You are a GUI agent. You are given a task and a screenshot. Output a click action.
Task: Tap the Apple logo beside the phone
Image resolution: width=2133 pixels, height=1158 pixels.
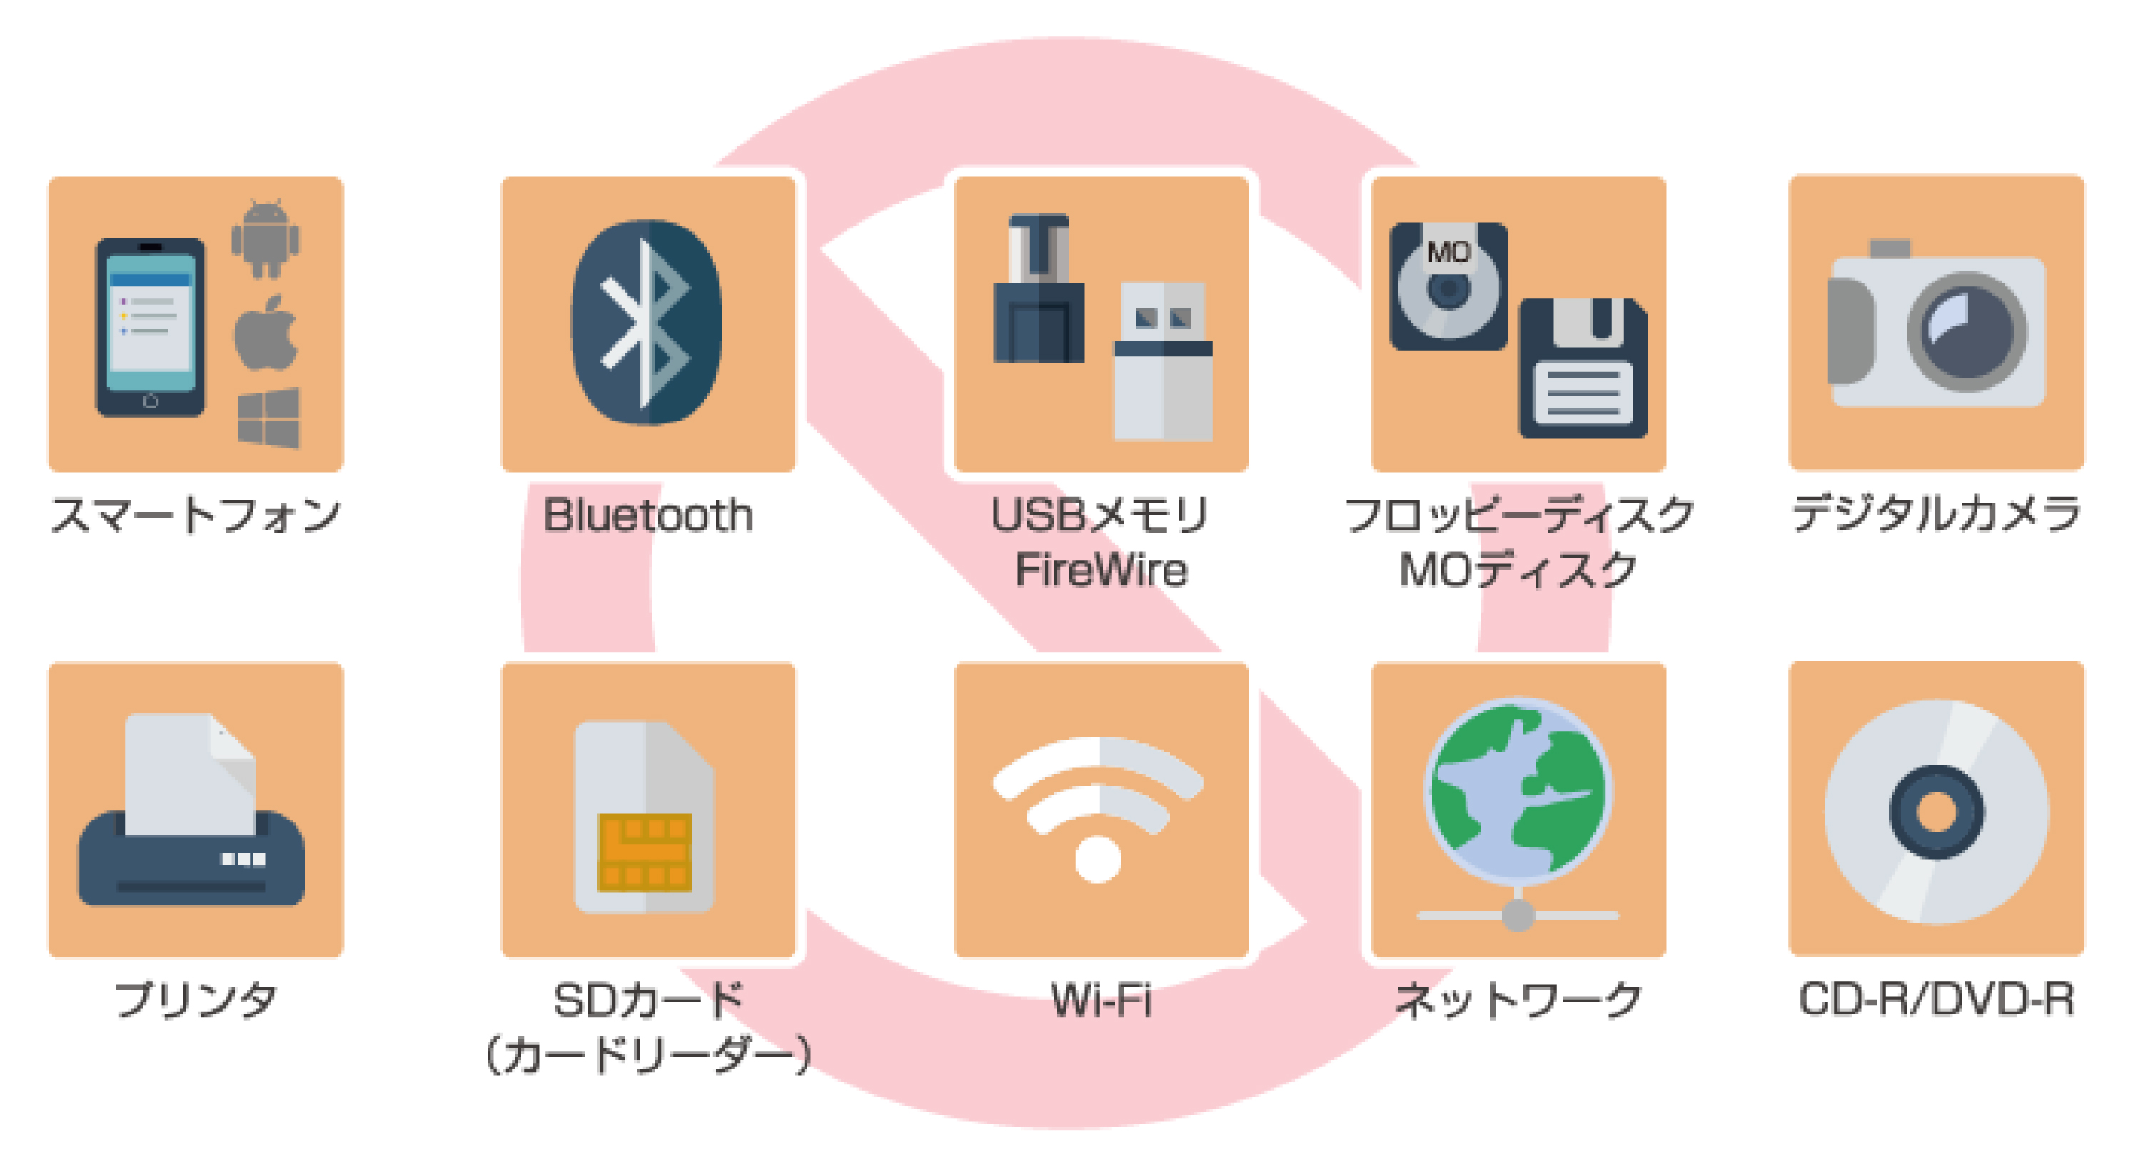coord(266,333)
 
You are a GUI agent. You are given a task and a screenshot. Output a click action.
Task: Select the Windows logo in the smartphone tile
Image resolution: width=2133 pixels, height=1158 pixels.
coord(268,418)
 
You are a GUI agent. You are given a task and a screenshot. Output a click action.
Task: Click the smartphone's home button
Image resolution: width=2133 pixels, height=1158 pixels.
coord(151,402)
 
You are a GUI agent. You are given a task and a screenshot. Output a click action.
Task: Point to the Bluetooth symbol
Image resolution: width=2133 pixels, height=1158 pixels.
coord(647,322)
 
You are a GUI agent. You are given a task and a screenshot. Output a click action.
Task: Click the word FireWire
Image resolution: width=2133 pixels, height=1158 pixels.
coord(1101,570)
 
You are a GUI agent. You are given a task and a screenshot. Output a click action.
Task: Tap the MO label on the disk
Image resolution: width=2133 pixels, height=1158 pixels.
coord(1448,251)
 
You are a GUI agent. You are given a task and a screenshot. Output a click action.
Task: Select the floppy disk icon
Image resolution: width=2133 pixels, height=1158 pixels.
coord(1583,368)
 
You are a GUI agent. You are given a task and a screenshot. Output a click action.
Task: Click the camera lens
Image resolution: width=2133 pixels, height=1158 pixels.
coord(1967,331)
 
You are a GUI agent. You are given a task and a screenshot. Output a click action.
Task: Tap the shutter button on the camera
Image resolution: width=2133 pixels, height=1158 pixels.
coord(1890,248)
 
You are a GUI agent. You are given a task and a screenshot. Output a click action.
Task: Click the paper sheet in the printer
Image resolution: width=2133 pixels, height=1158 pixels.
coord(190,774)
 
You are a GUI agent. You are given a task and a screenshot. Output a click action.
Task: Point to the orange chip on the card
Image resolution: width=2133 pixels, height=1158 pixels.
coord(644,852)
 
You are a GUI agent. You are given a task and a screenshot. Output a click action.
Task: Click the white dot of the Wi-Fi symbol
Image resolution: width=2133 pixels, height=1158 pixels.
coord(1098,860)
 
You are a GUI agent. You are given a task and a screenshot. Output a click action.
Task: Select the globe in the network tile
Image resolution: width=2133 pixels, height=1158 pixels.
coord(1518,790)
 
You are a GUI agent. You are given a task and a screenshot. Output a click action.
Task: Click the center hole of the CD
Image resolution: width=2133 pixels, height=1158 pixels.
coord(1936,812)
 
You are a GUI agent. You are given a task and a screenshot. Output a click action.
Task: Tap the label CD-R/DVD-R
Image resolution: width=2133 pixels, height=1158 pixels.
coord(1937,999)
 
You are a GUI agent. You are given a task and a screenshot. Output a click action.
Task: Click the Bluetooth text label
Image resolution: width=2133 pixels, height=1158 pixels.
coord(648,515)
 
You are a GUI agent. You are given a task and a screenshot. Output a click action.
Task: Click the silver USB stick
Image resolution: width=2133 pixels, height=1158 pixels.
coord(1164,361)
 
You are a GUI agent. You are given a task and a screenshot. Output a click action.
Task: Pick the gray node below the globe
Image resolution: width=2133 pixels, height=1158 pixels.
coord(1518,915)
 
